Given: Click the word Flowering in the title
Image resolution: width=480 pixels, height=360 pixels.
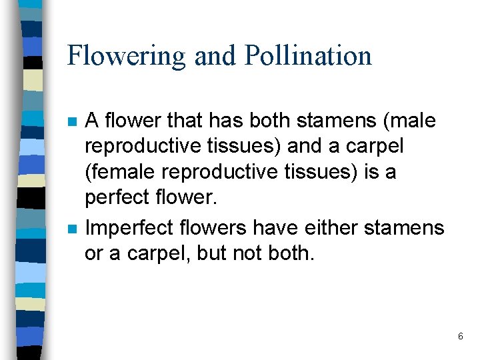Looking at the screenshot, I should (x=126, y=55).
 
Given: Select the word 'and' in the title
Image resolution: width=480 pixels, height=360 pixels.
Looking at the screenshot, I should (x=215, y=55).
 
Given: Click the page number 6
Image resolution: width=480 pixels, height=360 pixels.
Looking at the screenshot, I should (x=460, y=337).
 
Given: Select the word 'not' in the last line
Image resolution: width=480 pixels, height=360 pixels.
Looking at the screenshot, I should (x=255, y=254).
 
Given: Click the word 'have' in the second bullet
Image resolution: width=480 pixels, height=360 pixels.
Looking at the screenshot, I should (x=281, y=228).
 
